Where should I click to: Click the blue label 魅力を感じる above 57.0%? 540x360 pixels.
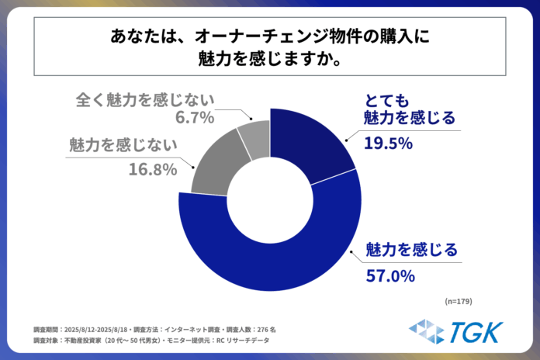[x=411, y=250]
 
